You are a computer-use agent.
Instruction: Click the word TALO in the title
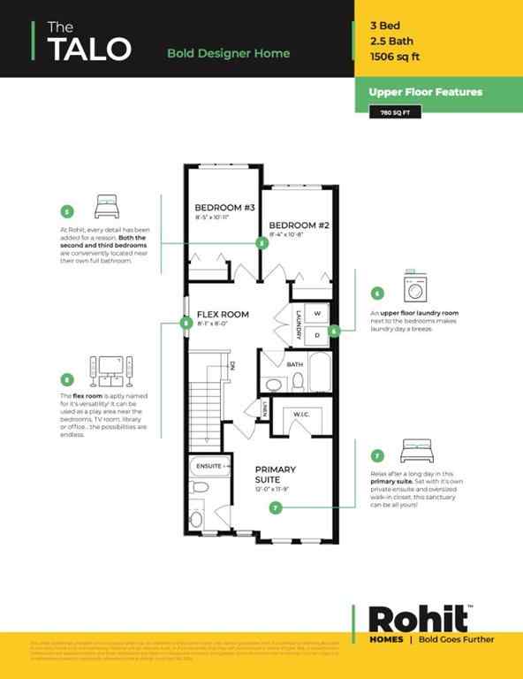click(x=88, y=50)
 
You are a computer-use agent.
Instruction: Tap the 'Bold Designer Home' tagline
click(x=228, y=53)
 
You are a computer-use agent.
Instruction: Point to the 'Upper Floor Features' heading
click(x=414, y=92)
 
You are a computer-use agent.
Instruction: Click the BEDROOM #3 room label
click(x=224, y=208)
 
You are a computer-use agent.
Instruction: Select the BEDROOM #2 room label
click(x=299, y=225)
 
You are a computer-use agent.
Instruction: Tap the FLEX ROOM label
click(x=223, y=314)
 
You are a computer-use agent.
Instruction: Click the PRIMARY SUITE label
click(x=275, y=475)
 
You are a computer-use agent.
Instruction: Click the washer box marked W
click(x=316, y=314)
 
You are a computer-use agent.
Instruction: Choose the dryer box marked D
click(x=316, y=335)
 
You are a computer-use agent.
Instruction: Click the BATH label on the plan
click(x=294, y=363)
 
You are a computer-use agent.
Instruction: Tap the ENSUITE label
click(x=209, y=465)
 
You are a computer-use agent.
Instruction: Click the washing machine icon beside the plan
click(x=415, y=286)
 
